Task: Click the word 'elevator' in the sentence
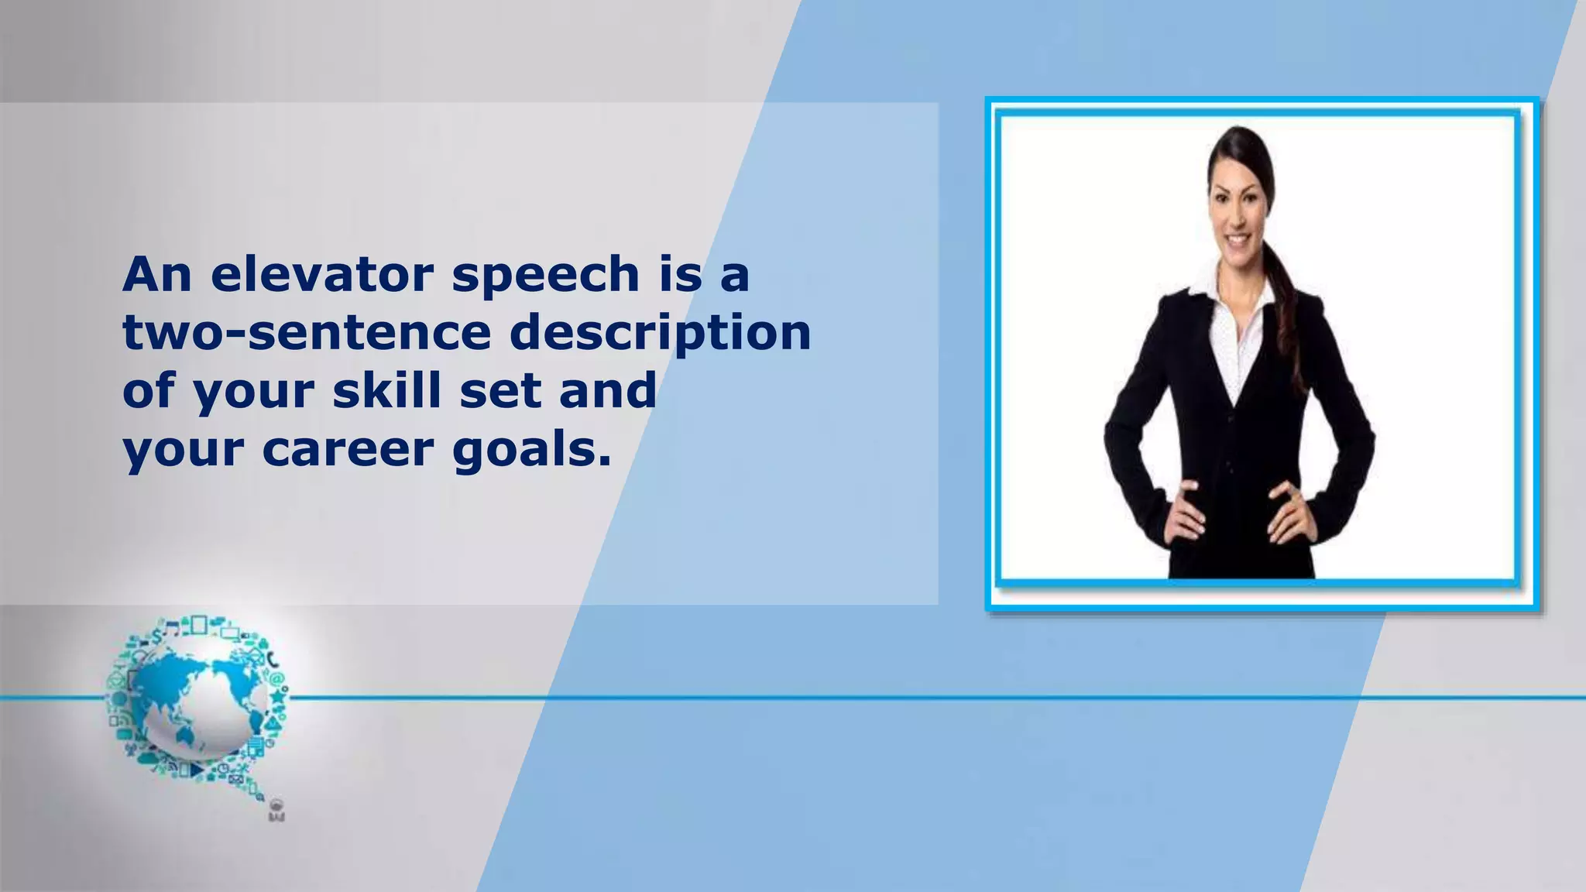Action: click(325, 275)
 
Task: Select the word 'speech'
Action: click(545, 276)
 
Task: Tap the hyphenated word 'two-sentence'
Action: click(307, 333)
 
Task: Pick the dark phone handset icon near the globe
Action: click(273, 660)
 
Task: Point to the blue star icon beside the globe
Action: click(277, 697)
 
